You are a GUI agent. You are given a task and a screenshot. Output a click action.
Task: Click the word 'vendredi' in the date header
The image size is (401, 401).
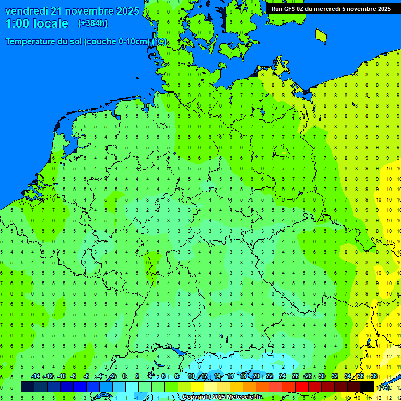(x=27, y=11)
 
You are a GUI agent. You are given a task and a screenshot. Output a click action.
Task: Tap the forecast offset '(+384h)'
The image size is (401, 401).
(x=92, y=23)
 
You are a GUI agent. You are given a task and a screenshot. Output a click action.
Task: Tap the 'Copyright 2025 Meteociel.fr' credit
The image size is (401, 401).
(x=222, y=397)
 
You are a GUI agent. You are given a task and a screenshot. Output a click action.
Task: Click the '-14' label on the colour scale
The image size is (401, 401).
(x=36, y=376)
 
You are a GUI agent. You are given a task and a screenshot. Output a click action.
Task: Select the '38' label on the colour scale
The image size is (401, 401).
(x=374, y=376)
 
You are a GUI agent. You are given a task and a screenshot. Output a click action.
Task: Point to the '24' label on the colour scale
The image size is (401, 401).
(x=282, y=376)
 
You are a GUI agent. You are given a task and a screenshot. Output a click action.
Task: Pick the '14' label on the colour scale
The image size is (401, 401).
(x=217, y=376)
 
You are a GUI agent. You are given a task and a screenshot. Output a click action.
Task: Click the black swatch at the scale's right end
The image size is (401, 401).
(x=367, y=386)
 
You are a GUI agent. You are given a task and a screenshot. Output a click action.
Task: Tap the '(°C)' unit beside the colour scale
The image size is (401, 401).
(x=383, y=387)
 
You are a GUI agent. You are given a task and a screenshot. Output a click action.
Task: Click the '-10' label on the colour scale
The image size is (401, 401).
(x=61, y=376)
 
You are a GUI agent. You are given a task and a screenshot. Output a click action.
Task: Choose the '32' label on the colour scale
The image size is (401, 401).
(x=335, y=376)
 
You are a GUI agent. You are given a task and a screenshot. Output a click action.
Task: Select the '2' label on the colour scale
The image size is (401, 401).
(x=137, y=376)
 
